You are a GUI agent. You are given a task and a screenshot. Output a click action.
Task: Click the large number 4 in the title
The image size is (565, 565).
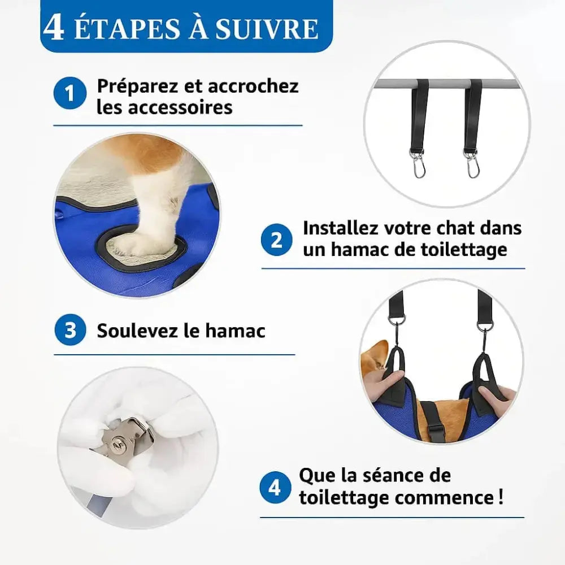[x=54, y=27]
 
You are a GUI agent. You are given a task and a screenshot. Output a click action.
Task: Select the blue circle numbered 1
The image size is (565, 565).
[x=70, y=93]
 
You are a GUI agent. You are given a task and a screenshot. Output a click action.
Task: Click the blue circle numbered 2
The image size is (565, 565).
[x=276, y=240]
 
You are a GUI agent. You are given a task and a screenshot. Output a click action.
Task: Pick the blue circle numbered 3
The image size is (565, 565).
[x=70, y=330]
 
